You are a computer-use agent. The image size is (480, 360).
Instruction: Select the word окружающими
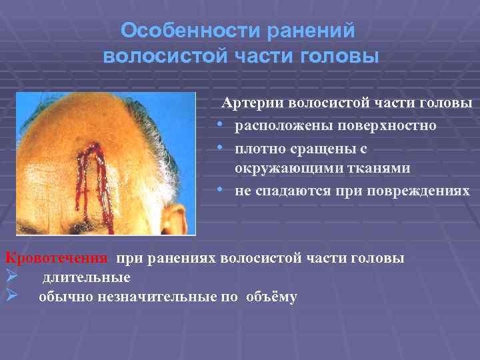pyautogui.click(x=283, y=169)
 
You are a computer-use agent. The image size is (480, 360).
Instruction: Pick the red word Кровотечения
pyautogui.click(x=56, y=258)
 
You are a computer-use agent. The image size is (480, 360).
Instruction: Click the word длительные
pyautogui.click(x=87, y=277)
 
